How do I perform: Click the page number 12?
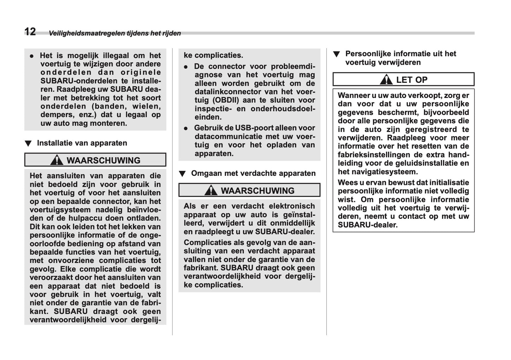(30, 32)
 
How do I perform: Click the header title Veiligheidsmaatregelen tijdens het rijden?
(115, 33)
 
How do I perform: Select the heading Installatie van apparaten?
(82, 143)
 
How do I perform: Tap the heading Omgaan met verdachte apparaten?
(253, 173)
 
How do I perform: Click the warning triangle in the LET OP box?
(386, 80)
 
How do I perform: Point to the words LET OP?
(412, 80)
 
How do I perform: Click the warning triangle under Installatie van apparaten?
(57, 161)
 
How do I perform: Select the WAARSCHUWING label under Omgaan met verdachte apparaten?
(257, 191)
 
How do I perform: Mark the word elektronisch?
(292, 206)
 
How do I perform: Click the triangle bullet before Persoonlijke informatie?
(336, 54)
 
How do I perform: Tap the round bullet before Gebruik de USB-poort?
(186, 128)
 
